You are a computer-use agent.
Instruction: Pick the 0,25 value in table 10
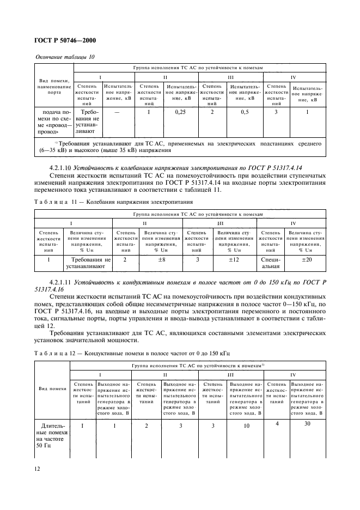pos(179,112)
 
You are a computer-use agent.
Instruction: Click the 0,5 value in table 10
pos(245,112)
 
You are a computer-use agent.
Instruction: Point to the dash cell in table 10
pos(117,112)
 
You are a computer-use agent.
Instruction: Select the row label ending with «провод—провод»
pos(53,122)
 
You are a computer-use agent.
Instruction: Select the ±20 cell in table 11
pos(307,260)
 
